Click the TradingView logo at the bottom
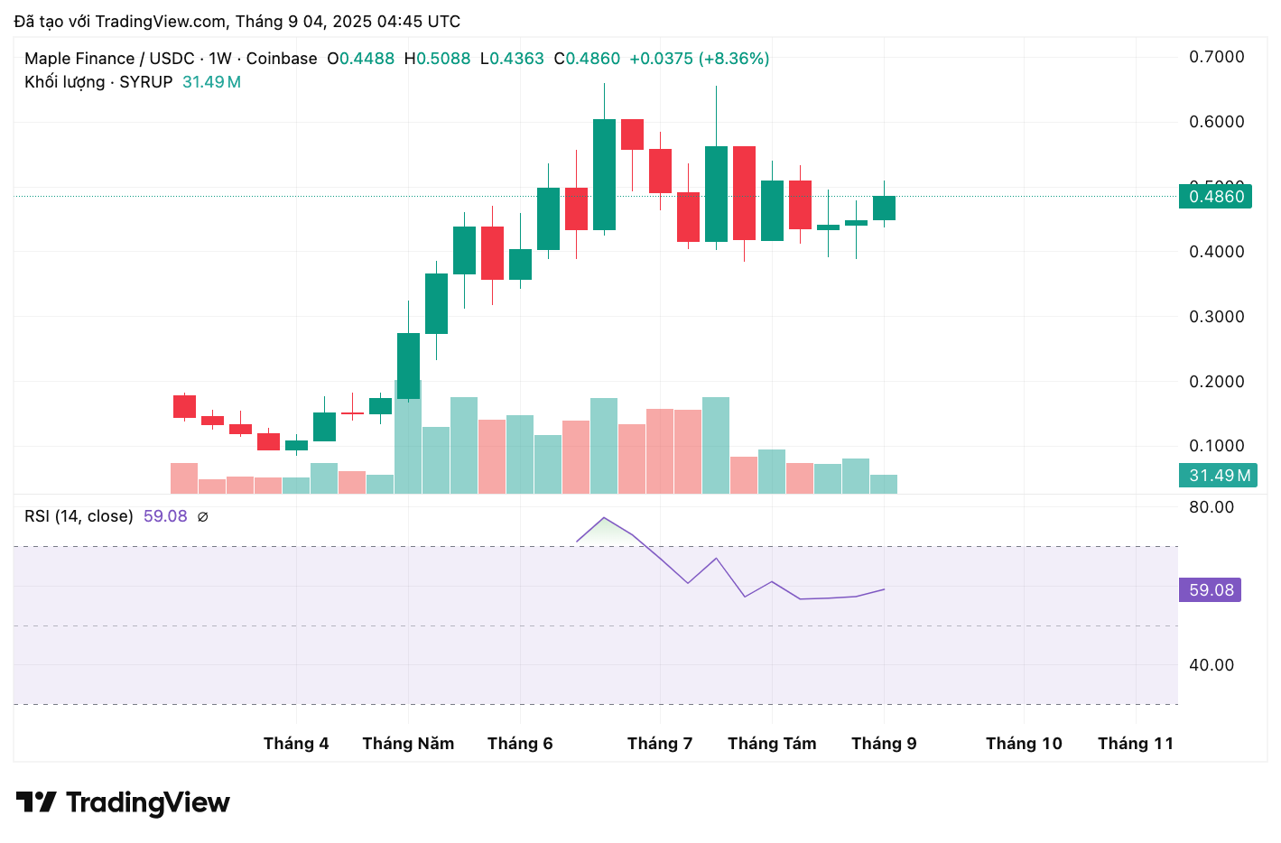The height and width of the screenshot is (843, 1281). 123,802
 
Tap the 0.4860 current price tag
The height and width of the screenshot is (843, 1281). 1215,197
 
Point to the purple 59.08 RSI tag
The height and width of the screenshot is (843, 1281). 1210,590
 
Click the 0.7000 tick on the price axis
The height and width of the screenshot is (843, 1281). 1216,57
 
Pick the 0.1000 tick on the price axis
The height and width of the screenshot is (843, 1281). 1216,446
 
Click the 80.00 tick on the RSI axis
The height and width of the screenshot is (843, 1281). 1211,507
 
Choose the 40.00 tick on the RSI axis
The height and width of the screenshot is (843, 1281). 1211,665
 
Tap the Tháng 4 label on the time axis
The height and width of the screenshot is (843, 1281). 296,744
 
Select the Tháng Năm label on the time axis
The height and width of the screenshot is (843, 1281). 408,744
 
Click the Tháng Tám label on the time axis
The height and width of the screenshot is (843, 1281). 772,744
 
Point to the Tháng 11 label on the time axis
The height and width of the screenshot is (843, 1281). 1136,744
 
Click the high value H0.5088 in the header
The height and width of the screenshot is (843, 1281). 438,59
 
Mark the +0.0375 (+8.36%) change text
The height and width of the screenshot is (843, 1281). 700,59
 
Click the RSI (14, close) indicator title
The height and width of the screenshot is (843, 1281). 79,516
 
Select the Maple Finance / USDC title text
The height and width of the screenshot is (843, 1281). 109,59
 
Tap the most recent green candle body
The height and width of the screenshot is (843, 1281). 884,208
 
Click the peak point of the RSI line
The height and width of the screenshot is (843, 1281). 603,518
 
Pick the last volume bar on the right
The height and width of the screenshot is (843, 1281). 884,484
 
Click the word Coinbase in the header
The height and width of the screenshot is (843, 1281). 282,59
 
